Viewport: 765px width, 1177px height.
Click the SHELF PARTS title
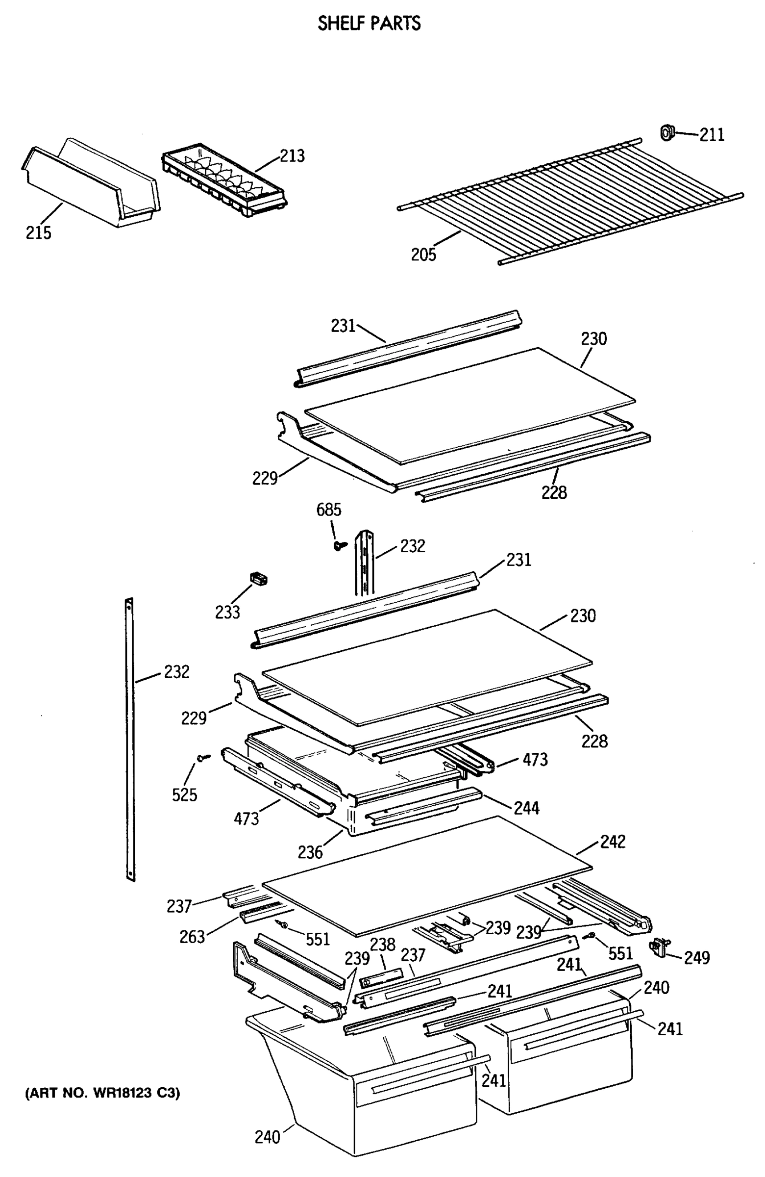pyautogui.click(x=369, y=23)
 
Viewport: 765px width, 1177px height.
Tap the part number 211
pyautogui.click(x=712, y=134)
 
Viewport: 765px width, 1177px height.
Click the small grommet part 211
pyautogui.click(x=667, y=132)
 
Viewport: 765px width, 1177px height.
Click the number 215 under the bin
pyautogui.click(x=39, y=232)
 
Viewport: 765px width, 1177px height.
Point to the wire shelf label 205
pyautogui.click(x=423, y=254)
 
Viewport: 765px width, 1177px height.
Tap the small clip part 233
pyautogui.click(x=258, y=578)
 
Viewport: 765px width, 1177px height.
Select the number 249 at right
pyautogui.click(x=697, y=958)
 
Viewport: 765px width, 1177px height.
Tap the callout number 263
pyautogui.click(x=192, y=937)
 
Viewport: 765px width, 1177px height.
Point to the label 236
pyautogui.click(x=310, y=852)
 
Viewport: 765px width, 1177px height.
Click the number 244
pyautogui.click(x=527, y=808)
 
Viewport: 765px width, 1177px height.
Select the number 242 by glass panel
pyautogui.click(x=613, y=841)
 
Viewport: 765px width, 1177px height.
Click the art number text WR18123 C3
pyautogui.click(x=103, y=1093)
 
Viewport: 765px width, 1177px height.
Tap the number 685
pyautogui.click(x=329, y=510)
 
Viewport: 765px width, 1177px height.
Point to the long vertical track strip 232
pyautogui.click(x=130, y=742)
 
